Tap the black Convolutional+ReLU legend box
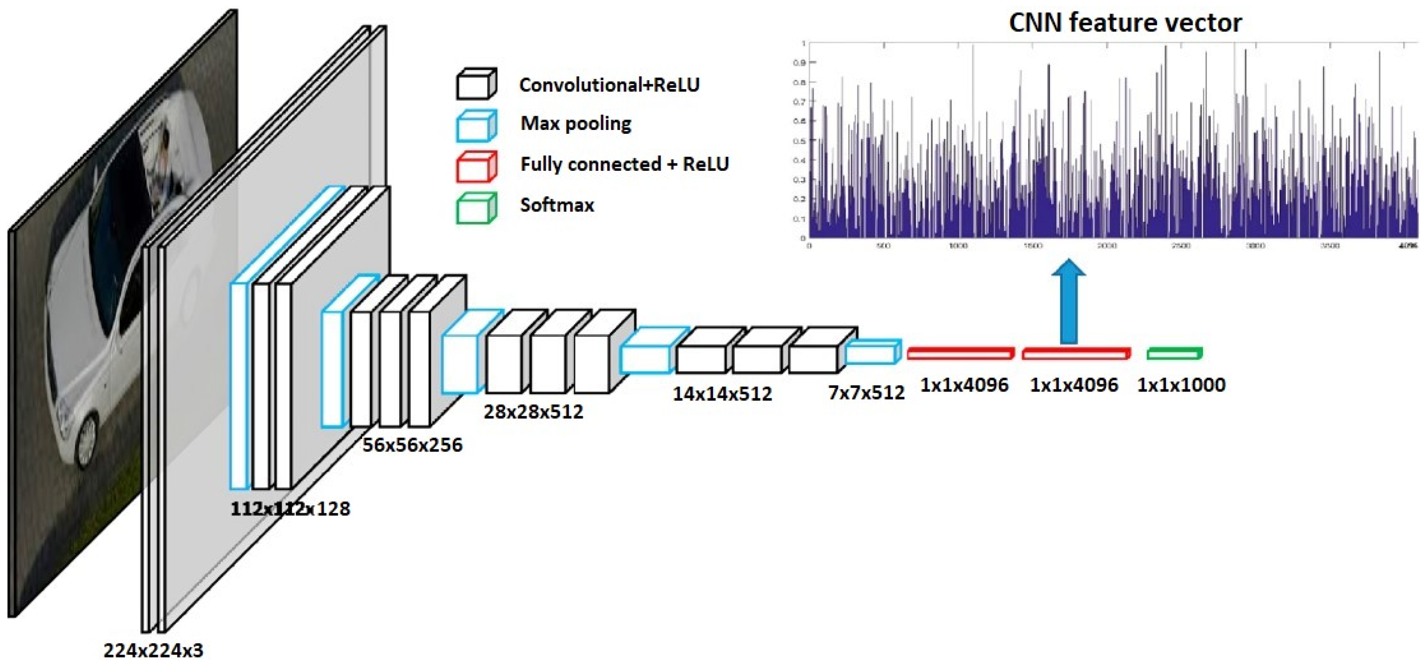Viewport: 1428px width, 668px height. (476, 84)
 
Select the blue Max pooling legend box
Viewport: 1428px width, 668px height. (476, 125)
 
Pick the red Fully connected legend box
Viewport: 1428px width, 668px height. (476, 166)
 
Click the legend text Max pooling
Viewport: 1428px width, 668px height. (576, 124)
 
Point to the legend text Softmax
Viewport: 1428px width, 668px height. (557, 205)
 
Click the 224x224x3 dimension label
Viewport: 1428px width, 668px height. (153, 650)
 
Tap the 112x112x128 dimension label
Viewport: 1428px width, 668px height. (290, 508)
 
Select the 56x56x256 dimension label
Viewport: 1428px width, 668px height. (412, 445)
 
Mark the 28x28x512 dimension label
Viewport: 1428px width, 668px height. (533, 411)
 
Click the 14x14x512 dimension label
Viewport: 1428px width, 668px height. (722, 394)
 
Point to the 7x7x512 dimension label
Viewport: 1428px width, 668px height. (866, 392)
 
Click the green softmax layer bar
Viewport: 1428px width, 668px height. (1174, 353)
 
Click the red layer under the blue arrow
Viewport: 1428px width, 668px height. (1076, 354)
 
